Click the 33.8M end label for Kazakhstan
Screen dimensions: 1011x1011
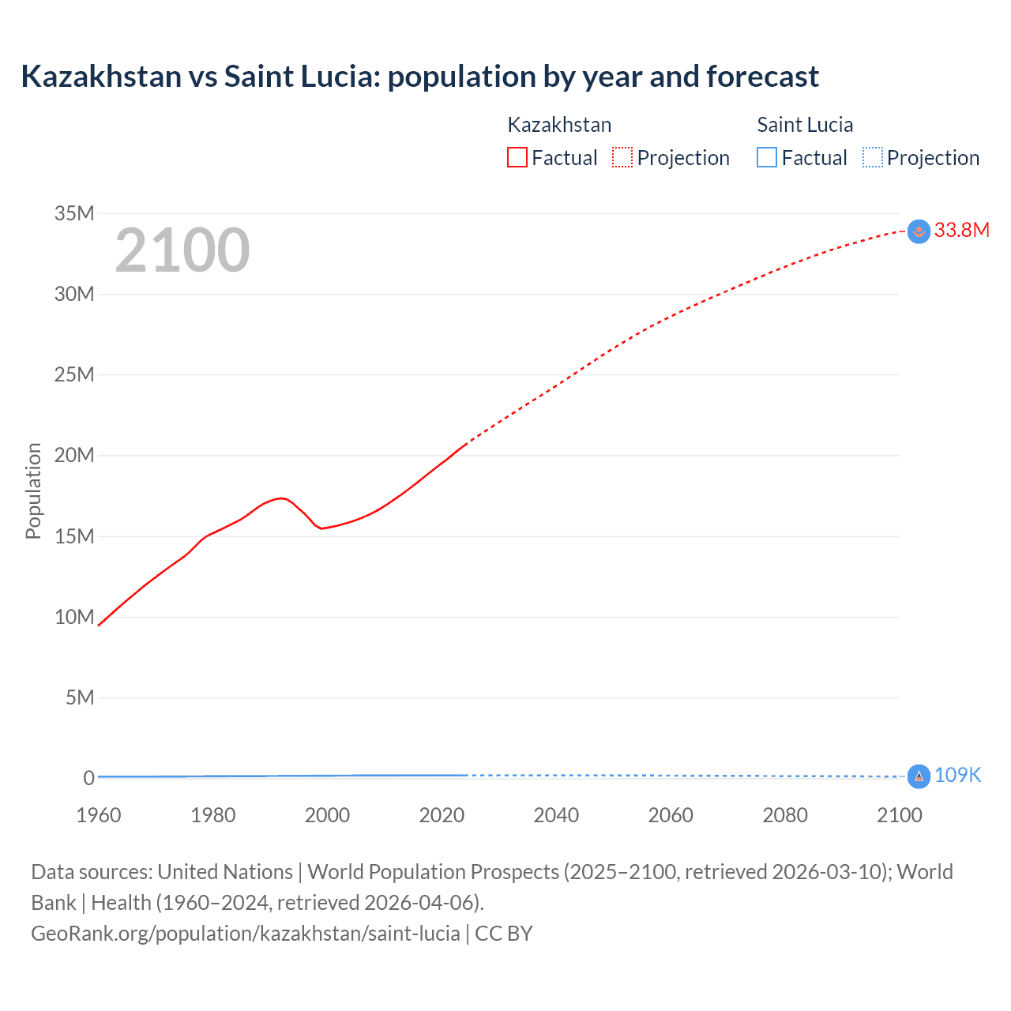[x=961, y=230]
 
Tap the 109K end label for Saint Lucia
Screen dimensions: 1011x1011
[x=957, y=776]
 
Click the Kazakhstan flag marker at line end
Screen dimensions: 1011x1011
[x=919, y=231]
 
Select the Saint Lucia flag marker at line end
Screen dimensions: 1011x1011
[x=919, y=776]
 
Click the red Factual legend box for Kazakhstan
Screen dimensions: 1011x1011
[x=517, y=158]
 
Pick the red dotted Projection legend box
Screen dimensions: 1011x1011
[x=622, y=158]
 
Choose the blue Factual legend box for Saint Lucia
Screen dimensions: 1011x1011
[x=767, y=158]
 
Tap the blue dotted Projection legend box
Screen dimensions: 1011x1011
[x=872, y=158]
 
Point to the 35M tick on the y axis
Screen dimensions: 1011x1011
[x=74, y=213]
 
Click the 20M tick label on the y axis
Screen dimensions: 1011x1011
[x=74, y=456]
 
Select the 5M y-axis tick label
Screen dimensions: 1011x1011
[x=80, y=698]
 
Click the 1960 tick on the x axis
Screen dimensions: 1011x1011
[x=99, y=815]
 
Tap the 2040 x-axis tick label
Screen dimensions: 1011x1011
[x=556, y=815]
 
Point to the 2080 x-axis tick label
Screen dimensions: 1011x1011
[x=785, y=815]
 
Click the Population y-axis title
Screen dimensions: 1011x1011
[x=33, y=490]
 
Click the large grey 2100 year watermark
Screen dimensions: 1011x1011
[x=182, y=250]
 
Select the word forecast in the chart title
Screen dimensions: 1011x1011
[x=762, y=77]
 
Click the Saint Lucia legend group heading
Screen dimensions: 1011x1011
[x=805, y=125]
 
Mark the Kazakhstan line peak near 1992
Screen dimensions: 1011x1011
[x=281, y=498]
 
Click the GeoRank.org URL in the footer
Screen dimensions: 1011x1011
[x=245, y=934]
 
